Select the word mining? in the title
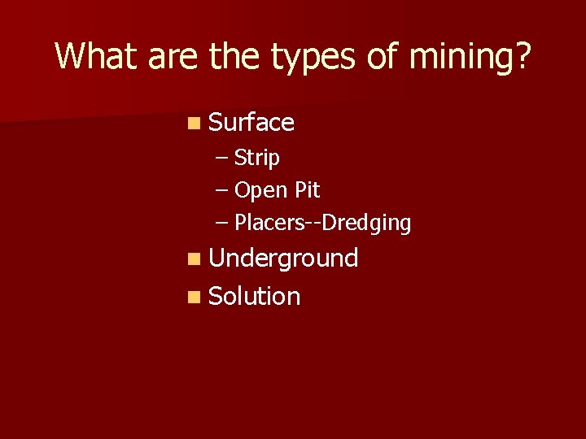[470, 57]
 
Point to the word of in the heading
[383, 55]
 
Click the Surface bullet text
[251, 123]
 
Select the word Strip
[256, 158]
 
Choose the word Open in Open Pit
[261, 191]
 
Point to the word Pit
[307, 190]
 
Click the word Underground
[283, 259]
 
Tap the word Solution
[254, 297]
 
